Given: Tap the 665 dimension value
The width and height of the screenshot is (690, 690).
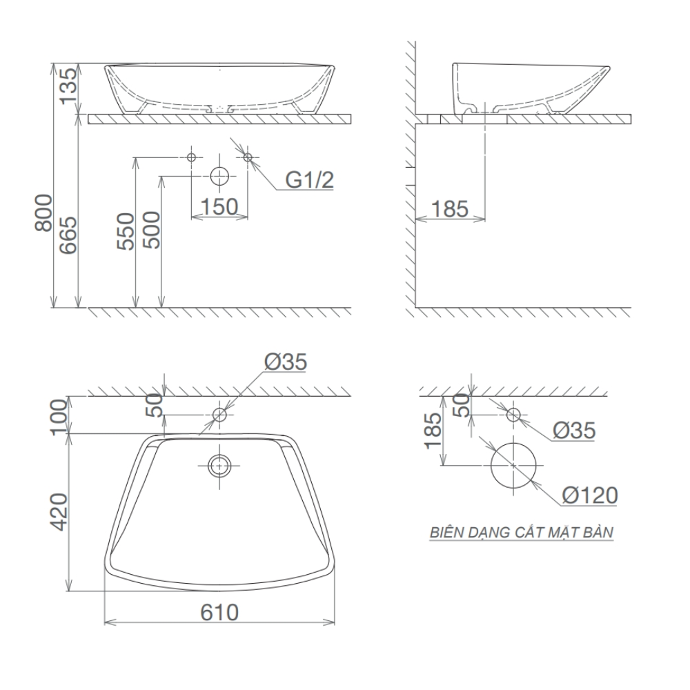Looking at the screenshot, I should [x=69, y=235].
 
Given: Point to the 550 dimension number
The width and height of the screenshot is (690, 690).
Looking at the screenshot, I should [x=125, y=231].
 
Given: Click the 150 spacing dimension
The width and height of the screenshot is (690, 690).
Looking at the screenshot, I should [x=219, y=206].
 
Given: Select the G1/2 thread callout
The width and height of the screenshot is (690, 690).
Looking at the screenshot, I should [x=310, y=181].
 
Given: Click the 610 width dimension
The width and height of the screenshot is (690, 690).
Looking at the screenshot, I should [x=219, y=612].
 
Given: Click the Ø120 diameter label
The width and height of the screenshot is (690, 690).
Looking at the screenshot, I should [x=589, y=495].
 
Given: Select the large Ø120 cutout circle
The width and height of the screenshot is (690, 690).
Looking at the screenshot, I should [x=513, y=465].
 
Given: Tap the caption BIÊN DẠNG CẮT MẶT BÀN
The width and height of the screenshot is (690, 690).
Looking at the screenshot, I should [x=521, y=533].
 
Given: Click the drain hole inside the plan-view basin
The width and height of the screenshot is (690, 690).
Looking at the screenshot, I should [x=219, y=466].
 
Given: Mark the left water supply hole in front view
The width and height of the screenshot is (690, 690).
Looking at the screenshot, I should [x=193, y=157].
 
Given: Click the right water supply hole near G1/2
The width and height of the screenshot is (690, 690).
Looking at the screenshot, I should [x=248, y=157].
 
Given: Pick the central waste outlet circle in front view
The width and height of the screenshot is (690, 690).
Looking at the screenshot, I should [x=219, y=176].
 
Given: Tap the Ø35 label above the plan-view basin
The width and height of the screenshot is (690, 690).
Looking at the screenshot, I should [x=284, y=362].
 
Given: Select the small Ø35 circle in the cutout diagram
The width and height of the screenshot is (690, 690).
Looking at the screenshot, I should [x=513, y=415].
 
